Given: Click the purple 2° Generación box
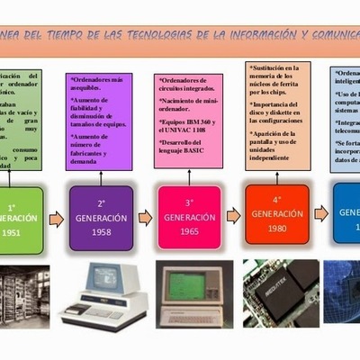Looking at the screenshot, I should click(101, 217).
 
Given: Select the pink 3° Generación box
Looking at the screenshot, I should click(188, 217).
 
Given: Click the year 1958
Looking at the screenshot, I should click(101, 233).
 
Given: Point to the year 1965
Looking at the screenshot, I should click(188, 233).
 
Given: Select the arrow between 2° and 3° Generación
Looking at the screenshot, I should click(144, 218).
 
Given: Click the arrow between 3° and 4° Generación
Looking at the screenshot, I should click(233, 215).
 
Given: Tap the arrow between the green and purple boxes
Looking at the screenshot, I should click(56, 218).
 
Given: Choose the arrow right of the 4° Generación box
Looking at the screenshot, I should click(320, 212).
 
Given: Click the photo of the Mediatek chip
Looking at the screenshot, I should click(280, 292).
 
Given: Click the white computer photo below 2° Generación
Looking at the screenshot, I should click(103, 296).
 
